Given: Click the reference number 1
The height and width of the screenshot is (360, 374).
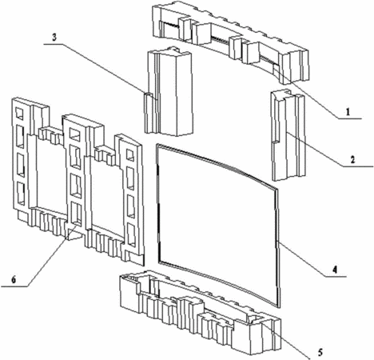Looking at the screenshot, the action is [x=347, y=112].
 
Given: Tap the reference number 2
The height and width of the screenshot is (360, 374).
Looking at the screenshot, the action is [x=352, y=160].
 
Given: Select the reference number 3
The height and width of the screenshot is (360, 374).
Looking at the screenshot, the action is [x=54, y=38].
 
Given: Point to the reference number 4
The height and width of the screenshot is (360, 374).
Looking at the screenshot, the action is [x=334, y=270].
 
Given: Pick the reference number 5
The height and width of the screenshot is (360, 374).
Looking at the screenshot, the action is [x=320, y=352].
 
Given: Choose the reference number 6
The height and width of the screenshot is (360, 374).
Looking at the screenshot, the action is [x=14, y=280].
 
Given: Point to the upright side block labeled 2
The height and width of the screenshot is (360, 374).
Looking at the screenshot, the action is [x=288, y=134].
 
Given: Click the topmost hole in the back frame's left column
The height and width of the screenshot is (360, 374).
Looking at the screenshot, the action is [x=19, y=114].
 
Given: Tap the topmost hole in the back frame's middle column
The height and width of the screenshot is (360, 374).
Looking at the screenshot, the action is [x=74, y=134].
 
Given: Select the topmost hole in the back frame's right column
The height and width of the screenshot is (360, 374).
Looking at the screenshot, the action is [x=130, y=155].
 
